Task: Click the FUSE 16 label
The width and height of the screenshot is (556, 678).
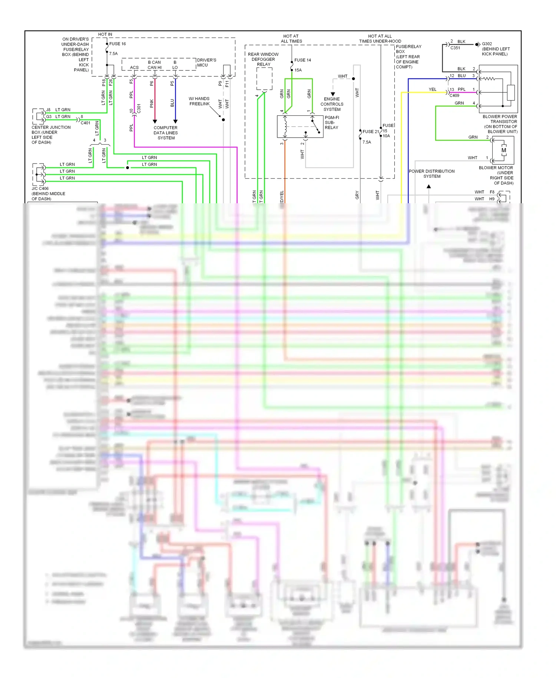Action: (118, 44)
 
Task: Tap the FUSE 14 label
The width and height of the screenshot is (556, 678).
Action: (302, 60)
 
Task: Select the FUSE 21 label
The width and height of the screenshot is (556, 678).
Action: (371, 132)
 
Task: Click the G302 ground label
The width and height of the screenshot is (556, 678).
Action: (487, 44)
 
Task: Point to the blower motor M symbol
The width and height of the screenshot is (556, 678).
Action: (503, 150)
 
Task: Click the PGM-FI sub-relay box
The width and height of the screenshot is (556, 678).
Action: (300, 126)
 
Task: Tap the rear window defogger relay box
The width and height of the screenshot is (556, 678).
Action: (264, 79)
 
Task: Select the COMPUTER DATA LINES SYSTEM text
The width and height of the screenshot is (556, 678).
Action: (166, 133)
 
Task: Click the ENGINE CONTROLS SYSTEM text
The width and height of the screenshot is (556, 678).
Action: (332, 104)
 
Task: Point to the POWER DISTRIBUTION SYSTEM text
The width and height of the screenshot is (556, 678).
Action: (431, 174)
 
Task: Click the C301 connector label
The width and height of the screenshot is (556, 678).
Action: (139, 108)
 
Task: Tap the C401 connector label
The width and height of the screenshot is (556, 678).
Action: (86, 123)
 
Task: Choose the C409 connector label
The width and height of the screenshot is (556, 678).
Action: (454, 96)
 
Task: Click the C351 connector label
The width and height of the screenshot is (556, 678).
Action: (455, 48)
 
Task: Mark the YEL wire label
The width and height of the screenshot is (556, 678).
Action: (433, 89)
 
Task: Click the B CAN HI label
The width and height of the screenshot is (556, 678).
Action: (154, 65)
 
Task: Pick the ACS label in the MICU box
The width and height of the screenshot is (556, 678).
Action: (134, 68)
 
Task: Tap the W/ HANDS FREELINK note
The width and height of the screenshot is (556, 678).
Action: (199, 101)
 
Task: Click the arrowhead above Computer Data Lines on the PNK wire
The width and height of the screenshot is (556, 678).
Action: (155, 121)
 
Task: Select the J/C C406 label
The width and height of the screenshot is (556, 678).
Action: (40, 188)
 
